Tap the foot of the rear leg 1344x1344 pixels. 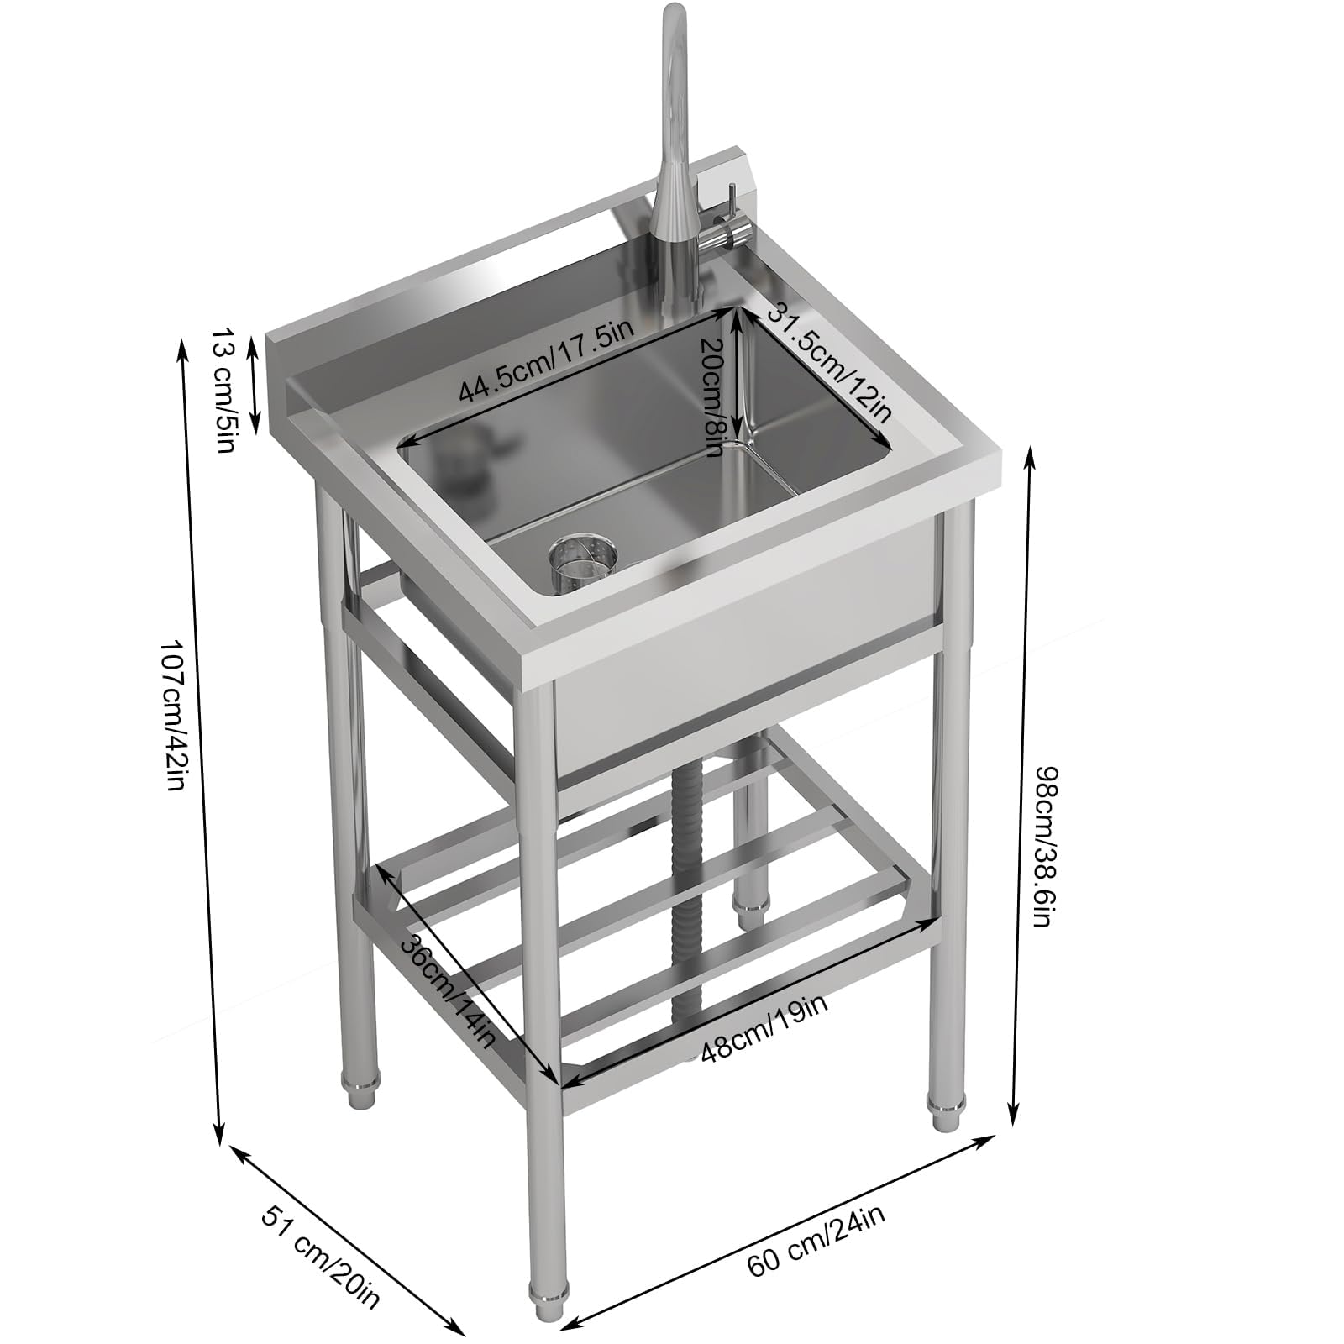pyautogui.click(x=750, y=911)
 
